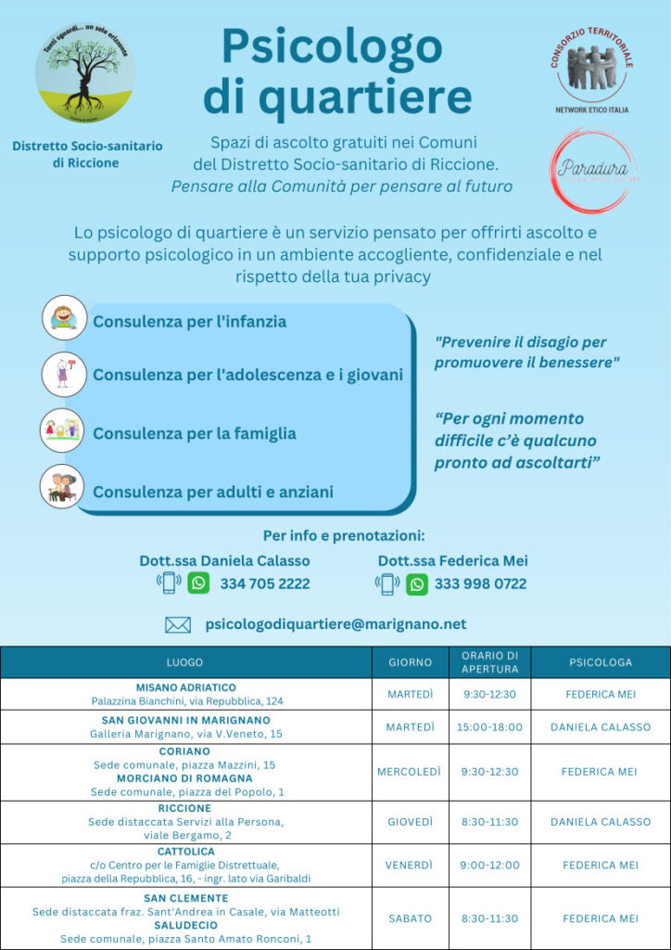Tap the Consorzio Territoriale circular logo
591,71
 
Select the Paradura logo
593,169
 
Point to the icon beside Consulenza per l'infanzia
64,318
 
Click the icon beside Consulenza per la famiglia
63,430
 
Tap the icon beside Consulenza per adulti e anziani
63,487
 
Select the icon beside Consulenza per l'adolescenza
63,373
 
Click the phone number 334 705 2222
265,584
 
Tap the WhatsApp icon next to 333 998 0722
417,584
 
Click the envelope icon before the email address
178,624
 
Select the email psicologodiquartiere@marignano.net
335,624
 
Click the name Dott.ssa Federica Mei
453,560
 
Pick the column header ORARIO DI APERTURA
489,661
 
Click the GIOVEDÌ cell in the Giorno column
410,822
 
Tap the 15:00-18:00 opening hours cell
489,727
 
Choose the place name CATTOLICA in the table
185,851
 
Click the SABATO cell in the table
410,918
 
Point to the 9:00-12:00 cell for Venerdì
489,866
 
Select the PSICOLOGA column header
601,662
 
